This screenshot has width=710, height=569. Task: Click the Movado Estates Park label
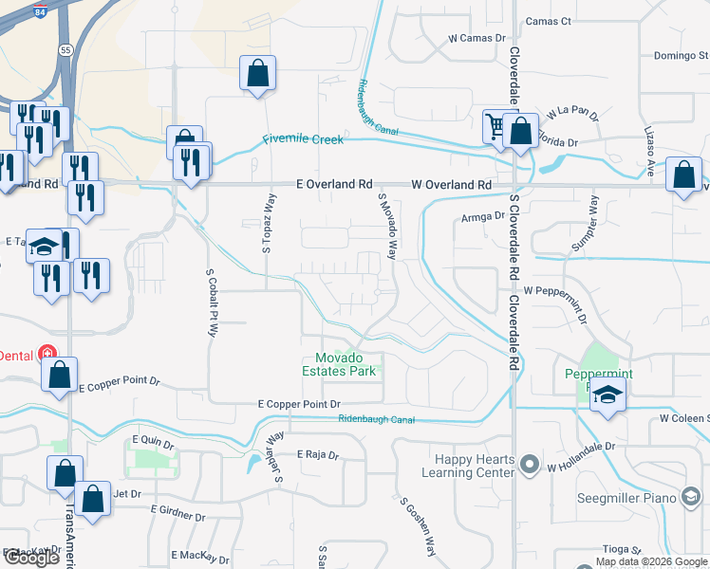(346, 364)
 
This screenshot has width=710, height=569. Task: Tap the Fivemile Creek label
(303, 139)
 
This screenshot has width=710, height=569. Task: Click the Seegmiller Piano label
(627, 498)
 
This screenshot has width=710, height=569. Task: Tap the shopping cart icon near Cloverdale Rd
(495, 126)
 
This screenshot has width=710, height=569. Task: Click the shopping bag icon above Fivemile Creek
(257, 73)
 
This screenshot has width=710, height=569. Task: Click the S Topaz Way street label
(268, 226)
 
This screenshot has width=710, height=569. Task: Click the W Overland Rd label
(452, 185)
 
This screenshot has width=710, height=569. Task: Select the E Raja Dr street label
(317, 455)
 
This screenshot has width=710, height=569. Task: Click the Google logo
(31, 558)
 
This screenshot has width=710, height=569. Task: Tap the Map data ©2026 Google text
(651, 561)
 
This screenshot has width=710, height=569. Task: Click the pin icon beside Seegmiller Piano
(691, 498)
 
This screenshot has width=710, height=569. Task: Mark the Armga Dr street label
(483, 216)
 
